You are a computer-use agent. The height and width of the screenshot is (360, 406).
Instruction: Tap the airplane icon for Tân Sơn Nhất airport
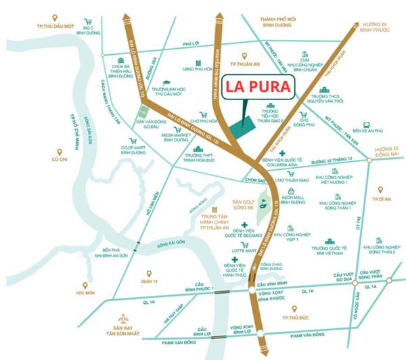[x=123, y=319]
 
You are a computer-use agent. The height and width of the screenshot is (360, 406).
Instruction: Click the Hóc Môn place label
[x=85, y=293]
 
